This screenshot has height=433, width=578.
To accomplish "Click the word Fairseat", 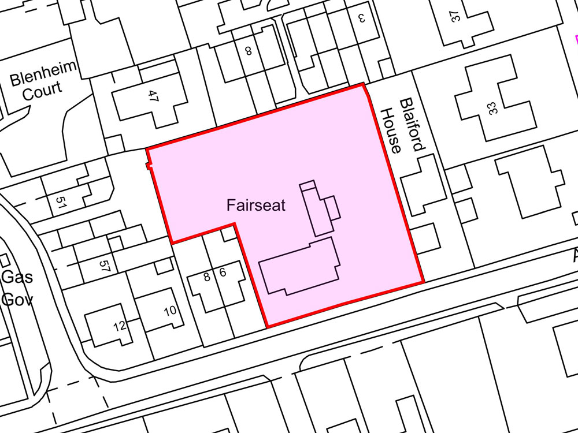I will click(256, 205).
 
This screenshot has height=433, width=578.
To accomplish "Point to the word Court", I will click(43, 91).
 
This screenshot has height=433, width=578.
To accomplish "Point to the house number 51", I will click(61, 202).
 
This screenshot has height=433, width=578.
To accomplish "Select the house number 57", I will click(104, 266).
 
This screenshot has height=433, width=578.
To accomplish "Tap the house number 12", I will click(120, 326).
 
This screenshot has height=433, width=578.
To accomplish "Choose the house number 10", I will click(170, 311).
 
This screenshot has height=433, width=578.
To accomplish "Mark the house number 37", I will click(456, 16).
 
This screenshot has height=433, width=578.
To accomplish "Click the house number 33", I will click(492, 108).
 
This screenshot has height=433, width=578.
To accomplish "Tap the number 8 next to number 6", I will click(207, 277).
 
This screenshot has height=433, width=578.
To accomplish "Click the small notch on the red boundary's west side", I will click(149, 167).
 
